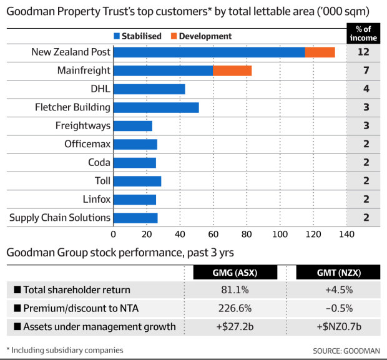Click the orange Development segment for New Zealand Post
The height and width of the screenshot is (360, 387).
[x=320, y=52]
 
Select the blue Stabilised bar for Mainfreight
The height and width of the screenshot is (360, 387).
[x=163, y=71]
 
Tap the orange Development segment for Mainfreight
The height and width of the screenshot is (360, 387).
[x=232, y=71]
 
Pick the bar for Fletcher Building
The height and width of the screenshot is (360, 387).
[x=156, y=107]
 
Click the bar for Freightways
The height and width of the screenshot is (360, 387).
[x=133, y=126]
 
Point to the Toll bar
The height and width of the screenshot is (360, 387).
[x=137, y=181]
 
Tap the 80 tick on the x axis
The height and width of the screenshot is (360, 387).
[x=247, y=235]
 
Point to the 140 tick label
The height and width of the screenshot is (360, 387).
[x=346, y=235]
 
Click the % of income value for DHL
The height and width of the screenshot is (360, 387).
[x=366, y=89]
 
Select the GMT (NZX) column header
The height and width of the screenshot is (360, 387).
[x=338, y=273]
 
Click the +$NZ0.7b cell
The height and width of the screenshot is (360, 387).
[x=338, y=326]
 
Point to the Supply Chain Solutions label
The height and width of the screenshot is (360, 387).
[x=60, y=218]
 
